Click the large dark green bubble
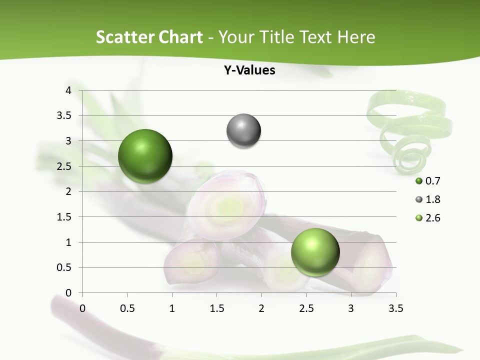(x=145, y=156)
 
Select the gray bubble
(x=243, y=130)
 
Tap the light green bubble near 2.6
(x=315, y=251)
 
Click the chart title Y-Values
(x=249, y=70)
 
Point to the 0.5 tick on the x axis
(x=127, y=308)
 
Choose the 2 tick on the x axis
(x=261, y=308)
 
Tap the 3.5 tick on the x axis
(x=395, y=308)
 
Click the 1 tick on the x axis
(x=172, y=308)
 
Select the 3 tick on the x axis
(x=351, y=308)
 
